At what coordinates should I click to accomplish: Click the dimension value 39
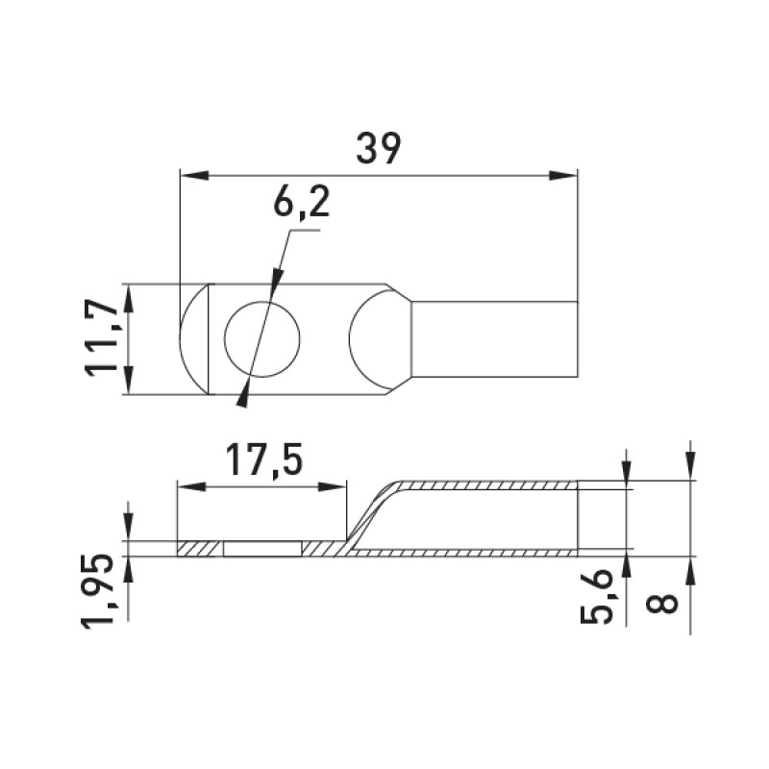[378, 148]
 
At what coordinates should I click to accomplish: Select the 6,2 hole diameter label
[301, 202]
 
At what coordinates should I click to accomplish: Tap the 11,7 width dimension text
[101, 339]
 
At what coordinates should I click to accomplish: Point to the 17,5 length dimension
[264, 461]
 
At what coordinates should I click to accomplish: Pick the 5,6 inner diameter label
[596, 596]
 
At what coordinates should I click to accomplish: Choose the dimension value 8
[662, 604]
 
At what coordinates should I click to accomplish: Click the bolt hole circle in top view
[261, 339]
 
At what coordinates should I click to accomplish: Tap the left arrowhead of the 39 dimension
[195, 175]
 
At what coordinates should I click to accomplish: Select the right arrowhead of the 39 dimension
[563, 175]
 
